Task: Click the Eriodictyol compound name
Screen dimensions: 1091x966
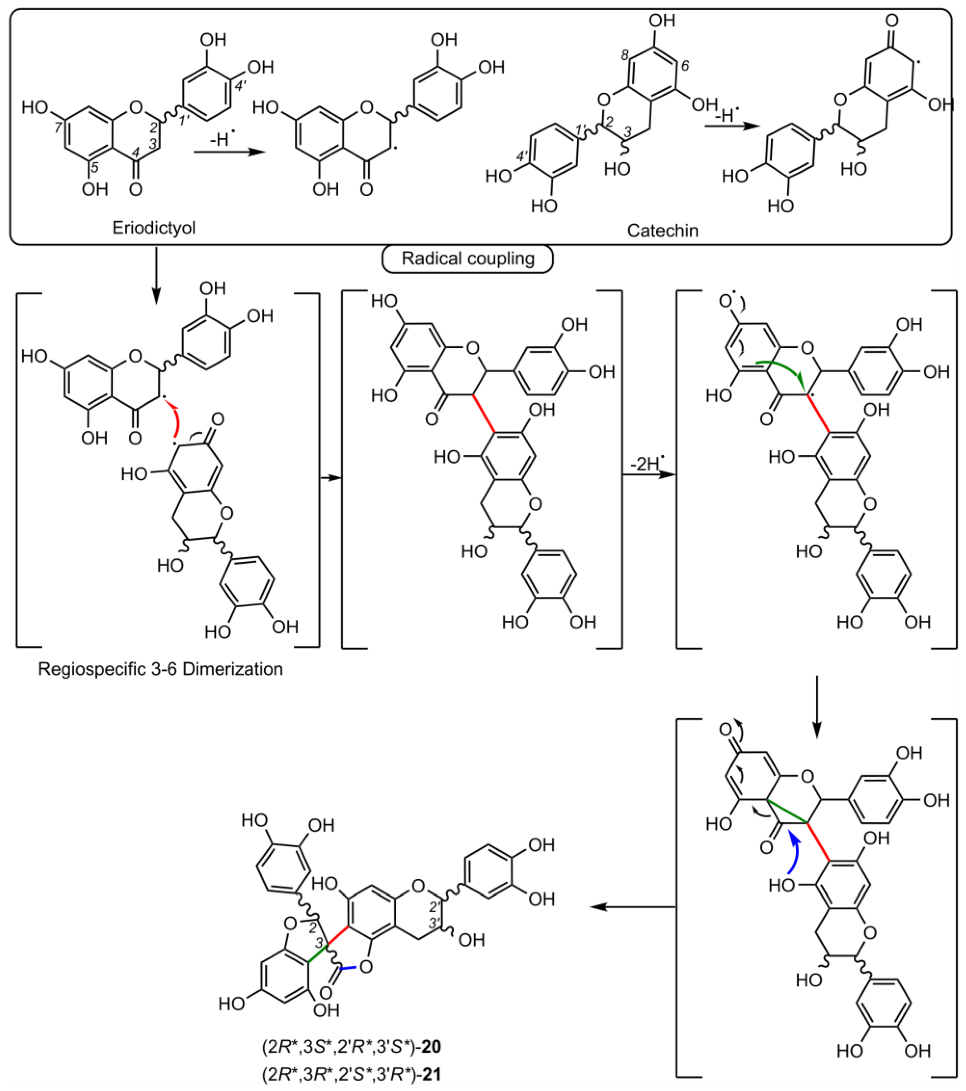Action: (154, 228)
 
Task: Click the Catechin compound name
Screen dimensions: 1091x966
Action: (662, 230)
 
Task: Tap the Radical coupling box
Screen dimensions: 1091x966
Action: (468, 259)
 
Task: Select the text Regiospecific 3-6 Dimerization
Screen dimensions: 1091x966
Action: (160, 669)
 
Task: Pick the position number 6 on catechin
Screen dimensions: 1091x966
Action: (685, 66)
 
